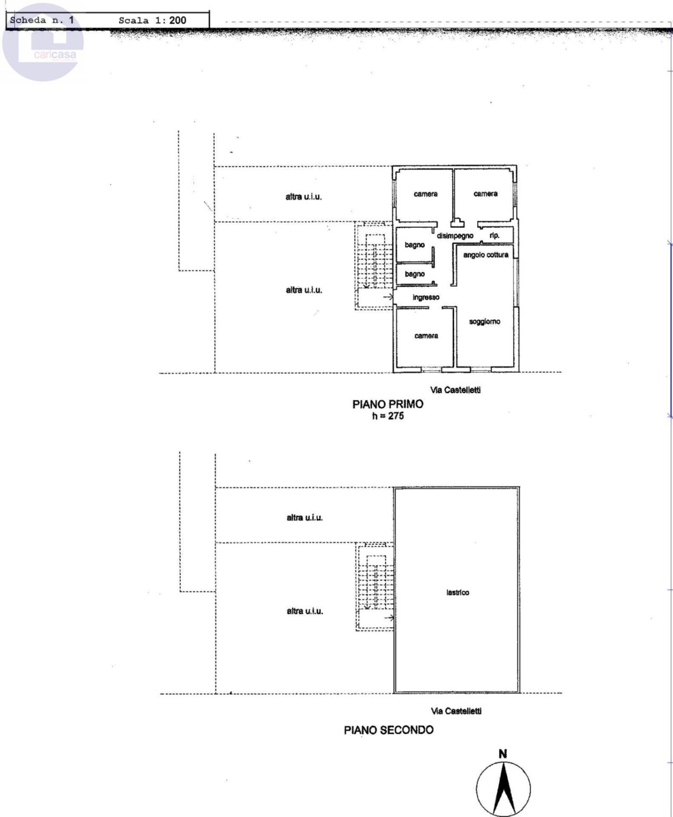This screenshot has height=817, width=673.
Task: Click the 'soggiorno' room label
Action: pos(484,322)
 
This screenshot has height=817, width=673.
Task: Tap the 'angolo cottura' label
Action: pos(486,255)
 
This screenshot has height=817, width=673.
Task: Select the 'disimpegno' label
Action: pos(455,236)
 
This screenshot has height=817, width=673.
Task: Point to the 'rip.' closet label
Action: pos(494,235)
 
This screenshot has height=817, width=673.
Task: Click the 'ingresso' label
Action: pos(426,297)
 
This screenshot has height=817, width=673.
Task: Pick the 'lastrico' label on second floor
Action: pos(458,593)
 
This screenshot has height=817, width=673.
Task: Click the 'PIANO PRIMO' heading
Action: pos(388,404)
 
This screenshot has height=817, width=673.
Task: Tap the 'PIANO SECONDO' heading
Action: pos(389,730)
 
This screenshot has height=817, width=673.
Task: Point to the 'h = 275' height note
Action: pos(388,416)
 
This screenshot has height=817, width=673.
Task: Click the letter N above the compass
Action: pos(503,754)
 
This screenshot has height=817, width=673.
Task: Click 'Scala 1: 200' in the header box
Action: pos(153,20)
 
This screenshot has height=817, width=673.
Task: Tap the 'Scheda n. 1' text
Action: pos(42,20)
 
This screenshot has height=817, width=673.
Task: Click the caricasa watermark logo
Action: pos(43,42)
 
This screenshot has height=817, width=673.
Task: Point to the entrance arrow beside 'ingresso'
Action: pos(388,297)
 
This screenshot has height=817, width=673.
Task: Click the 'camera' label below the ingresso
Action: pos(426,336)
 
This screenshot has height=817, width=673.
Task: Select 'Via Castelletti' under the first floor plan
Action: pos(456,390)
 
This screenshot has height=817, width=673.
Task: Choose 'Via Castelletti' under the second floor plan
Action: pos(456,711)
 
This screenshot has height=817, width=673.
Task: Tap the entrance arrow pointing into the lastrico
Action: pos(390,618)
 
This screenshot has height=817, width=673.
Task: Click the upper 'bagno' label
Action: pos(415,245)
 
